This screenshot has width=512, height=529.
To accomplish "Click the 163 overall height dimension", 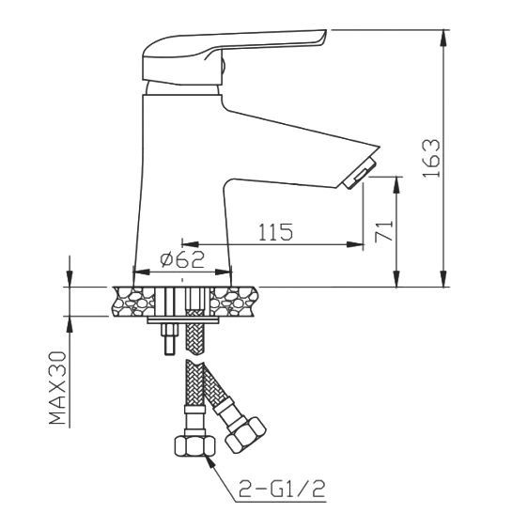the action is coord(431,158).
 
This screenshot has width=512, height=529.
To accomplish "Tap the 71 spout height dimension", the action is coord(384,231).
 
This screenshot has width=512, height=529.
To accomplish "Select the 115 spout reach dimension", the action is coord(275,232).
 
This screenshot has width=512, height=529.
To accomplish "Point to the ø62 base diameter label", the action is coord(182,259).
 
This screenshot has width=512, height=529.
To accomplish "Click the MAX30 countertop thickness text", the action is coord(57,388).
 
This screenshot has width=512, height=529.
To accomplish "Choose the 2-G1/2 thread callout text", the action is coord(282,490).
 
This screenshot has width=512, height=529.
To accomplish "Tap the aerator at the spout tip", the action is coord(359,173).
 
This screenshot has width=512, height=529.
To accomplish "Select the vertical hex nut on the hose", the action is coord(195,446).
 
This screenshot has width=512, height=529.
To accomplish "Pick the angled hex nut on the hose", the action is coord(245,435).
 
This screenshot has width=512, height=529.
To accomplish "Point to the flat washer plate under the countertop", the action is coord(182,320).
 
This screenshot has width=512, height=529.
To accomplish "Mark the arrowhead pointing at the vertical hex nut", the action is coord(210,462).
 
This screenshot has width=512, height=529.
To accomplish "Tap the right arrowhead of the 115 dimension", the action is coord(355,244).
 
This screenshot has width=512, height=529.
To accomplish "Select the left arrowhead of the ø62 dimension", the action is coord(141,272).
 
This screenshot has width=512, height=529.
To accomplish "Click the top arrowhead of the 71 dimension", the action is coord(397,184).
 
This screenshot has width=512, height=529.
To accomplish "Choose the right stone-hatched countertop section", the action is coord(234,302).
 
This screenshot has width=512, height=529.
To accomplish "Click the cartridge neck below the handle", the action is coord(182,88).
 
